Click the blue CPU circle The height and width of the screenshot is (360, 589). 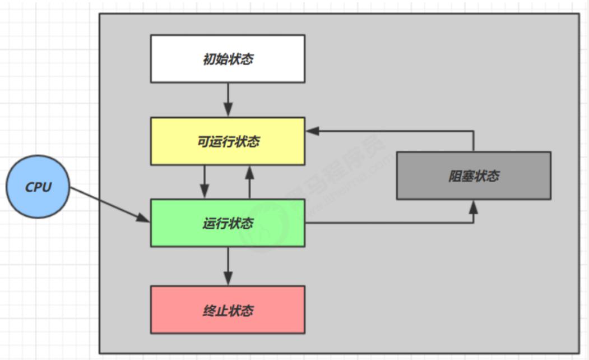coord(38,187)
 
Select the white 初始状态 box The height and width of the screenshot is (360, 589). coord(228,59)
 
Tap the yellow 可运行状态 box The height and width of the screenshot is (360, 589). coord(228,141)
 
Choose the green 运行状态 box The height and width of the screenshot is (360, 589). coord(228,223)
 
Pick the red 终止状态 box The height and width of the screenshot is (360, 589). coord(228,310)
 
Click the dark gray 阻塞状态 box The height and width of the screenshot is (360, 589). coord(474,176)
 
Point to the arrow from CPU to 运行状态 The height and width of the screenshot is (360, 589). coord(110,205)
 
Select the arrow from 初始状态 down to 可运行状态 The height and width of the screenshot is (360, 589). coord(228,100)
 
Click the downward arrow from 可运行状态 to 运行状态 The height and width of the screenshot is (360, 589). coord(205,182)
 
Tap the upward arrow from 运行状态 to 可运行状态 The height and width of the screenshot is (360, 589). coord(249,182)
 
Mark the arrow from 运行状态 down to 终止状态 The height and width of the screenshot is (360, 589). coord(228,266)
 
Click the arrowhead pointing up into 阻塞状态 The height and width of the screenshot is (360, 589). coord(474,207)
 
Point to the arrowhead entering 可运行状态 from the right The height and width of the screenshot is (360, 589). coord(313,131)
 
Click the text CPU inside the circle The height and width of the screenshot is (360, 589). coord(38,187)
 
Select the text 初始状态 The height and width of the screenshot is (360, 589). coord(228,59)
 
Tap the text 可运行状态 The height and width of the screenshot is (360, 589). coord(229,142)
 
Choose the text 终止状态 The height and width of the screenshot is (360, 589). coord(228,311)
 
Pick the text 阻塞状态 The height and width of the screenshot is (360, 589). coord(474,176)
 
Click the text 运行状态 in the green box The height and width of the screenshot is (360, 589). coord(228,224)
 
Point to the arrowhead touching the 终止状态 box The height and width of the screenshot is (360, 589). coord(228,279)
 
